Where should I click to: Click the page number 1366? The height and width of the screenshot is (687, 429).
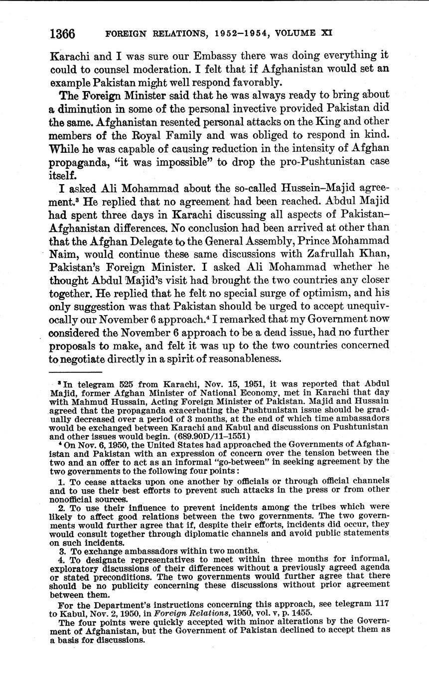point(62,34)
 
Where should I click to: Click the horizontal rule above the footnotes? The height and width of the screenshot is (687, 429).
point(76,372)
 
